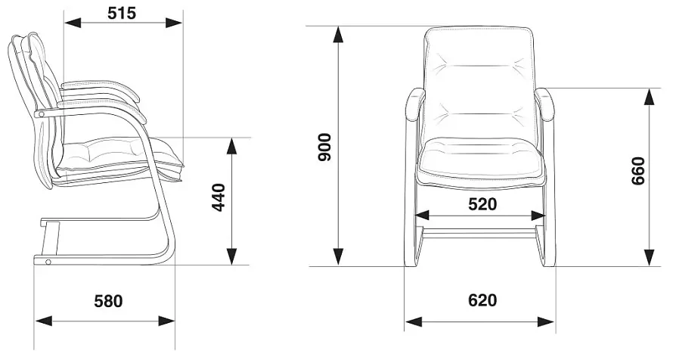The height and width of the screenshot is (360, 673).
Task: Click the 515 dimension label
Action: coord(122,14)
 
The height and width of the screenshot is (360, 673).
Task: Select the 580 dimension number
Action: coord(109,301)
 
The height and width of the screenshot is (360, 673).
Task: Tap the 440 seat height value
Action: coord(219,197)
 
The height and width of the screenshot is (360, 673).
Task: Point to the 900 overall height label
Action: coord(325,147)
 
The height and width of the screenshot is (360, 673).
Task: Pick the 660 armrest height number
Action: coord(638,171)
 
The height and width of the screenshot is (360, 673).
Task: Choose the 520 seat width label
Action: coord(482,205)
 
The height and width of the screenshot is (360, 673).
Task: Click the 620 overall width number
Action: coord(482,300)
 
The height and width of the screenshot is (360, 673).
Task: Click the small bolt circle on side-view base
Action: coord(48,262)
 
